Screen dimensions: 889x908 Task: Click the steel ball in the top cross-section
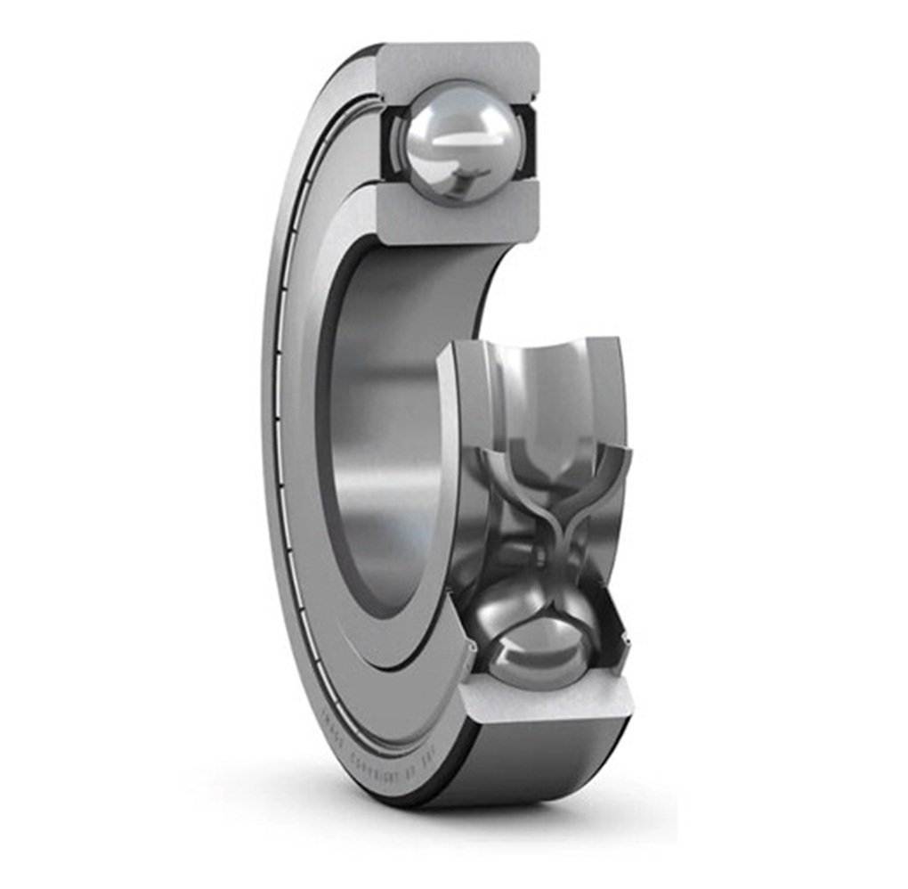click(458, 143)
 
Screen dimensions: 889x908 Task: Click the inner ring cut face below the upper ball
click(458, 218)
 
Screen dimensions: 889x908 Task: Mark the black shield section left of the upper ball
click(393, 143)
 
